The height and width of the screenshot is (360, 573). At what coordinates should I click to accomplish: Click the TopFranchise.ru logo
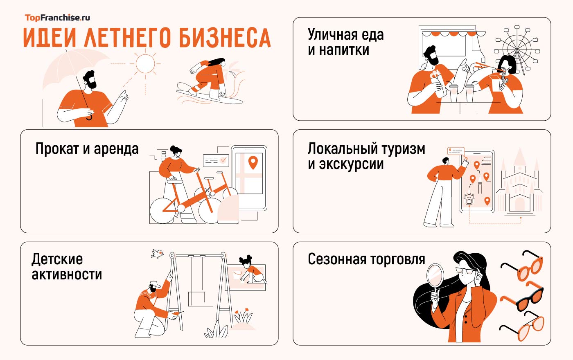click(x=57, y=18)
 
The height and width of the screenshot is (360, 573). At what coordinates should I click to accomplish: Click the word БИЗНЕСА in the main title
click(x=225, y=38)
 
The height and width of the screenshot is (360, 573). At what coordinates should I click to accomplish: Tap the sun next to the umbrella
click(x=145, y=63)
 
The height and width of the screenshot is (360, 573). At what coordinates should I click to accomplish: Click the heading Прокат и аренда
click(x=87, y=148)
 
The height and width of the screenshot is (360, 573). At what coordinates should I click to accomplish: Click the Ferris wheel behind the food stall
click(x=517, y=49)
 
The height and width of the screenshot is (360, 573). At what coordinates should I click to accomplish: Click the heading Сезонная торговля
click(x=366, y=259)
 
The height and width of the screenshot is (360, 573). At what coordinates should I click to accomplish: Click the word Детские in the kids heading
click(x=57, y=259)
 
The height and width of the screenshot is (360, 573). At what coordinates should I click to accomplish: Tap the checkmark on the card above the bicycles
click(x=223, y=160)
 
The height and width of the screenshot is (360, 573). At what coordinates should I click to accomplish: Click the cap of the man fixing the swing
click(x=155, y=284)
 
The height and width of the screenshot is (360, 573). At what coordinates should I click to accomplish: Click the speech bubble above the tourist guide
click(x=456, y=151)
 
